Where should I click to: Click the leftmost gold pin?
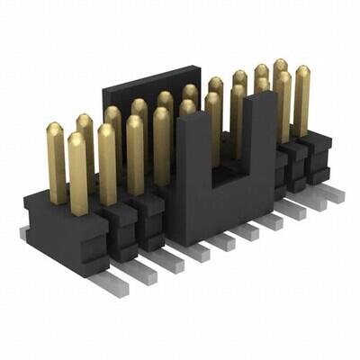(56, 162)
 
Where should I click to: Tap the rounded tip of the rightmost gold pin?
(301, 71)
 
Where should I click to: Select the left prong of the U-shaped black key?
(192, 171)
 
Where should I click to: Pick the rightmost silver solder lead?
(335, 193)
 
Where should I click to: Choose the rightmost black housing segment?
(317, 153)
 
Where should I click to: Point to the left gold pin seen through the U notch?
(213, 126)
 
